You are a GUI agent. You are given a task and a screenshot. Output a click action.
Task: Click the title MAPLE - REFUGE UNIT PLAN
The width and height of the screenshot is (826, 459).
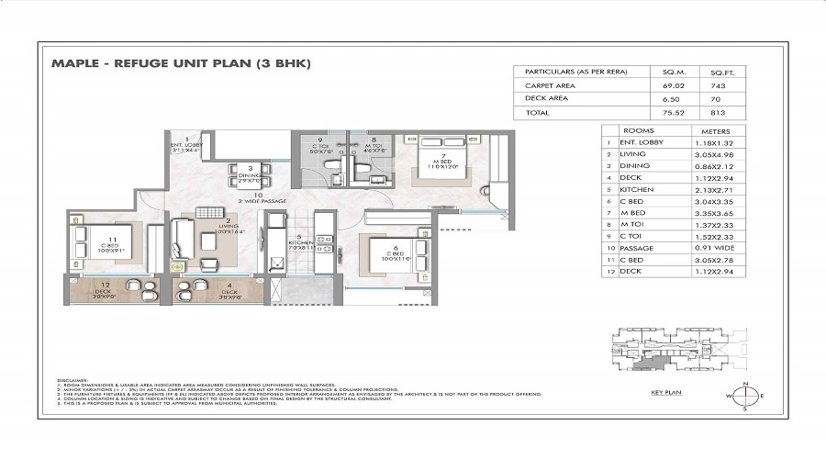point(182,63)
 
